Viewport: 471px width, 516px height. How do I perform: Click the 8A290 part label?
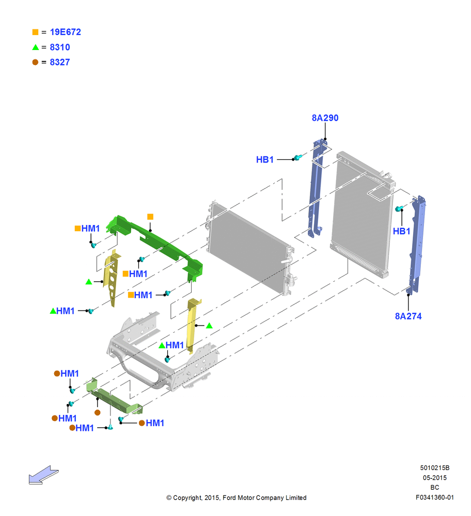[x=325, y=118]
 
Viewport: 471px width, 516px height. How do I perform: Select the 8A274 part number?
[x=408, y=316]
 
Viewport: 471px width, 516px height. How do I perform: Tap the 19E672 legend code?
[x=65, y=32]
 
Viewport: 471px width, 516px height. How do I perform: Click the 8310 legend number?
[x=59, y=47]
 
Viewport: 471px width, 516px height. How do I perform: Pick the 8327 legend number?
[x=59, y=62]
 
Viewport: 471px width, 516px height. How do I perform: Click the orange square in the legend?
[x=35, y=32]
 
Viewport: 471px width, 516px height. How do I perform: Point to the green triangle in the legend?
[x=36, y=47]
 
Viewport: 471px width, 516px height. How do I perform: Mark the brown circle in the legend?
[x=35, y=62]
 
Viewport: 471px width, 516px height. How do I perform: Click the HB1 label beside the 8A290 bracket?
[x=265, y=159]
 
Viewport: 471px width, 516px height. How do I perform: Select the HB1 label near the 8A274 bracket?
[x=401, y=231]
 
